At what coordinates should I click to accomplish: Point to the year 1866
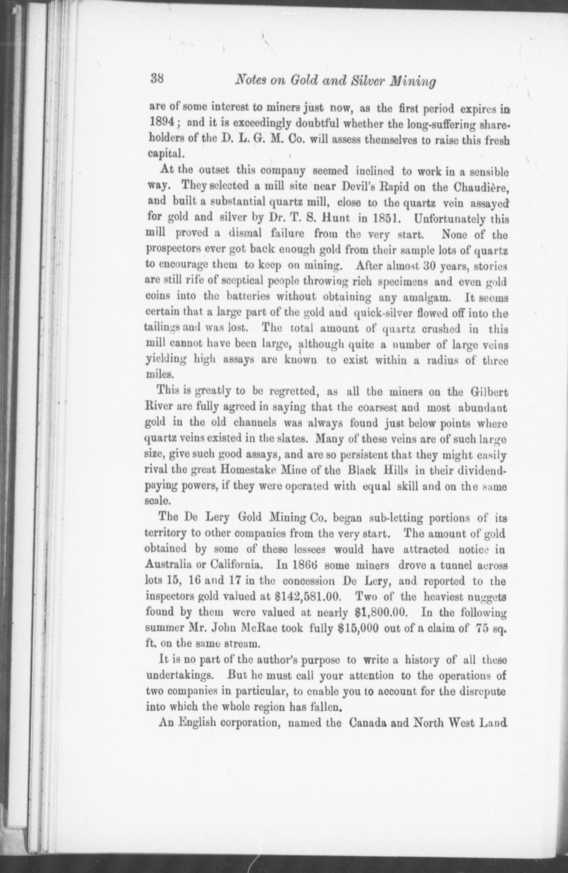coord(298,565)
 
